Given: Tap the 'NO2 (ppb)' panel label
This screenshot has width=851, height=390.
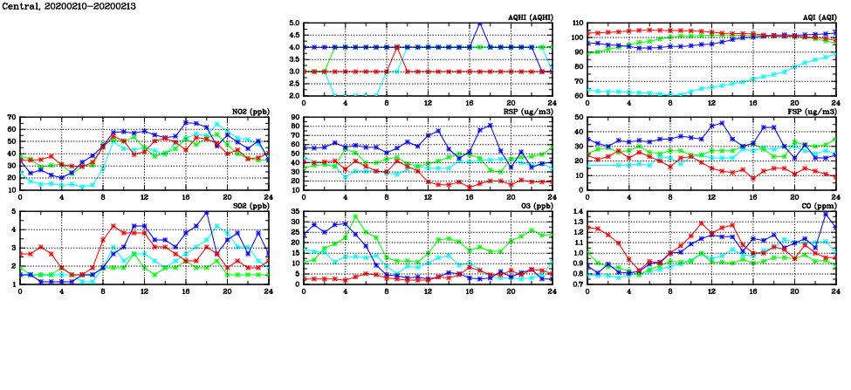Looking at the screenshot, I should pos(249,111).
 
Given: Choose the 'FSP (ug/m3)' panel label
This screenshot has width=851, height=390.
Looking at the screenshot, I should pos(813,111).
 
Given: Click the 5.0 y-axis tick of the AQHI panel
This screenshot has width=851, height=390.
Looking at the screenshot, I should pos(294,24).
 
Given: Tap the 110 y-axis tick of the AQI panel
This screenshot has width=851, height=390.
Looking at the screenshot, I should pos(576,24).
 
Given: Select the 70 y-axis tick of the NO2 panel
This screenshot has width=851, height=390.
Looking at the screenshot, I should pos(11,117).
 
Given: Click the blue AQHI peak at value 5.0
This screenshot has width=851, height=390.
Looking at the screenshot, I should pos(480,24).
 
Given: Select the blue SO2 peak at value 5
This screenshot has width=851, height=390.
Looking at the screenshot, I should pos(206,212).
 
